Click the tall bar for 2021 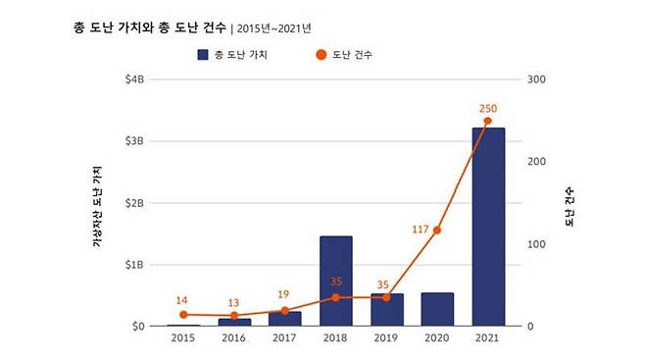click(487, 227)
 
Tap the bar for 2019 click(386, 309)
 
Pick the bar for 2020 click(437, 308)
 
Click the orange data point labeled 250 click(487, 121)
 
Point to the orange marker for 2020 click(437, 231)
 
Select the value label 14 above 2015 click(182, 299)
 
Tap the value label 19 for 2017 click(284, 294)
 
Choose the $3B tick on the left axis click(134, 141)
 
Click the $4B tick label click(134, 79)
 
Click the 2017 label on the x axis click(284, 338)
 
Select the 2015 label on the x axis click(182, 338)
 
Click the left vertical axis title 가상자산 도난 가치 click(97, 206)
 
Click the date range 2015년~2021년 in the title click(279, 26)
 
